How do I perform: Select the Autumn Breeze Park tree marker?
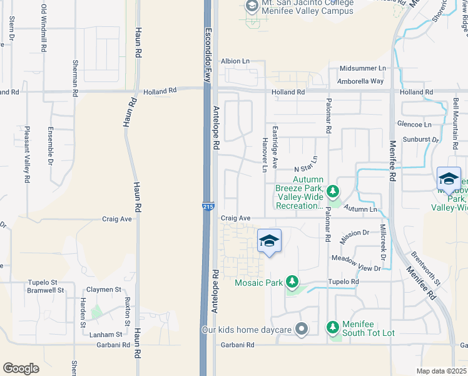point(333,190)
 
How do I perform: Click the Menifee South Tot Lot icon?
point(333,327)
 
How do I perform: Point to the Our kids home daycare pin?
point(302,329)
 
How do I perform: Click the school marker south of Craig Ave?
point(269,241)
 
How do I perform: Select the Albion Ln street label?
point(235,61)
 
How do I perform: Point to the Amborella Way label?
point(360,81)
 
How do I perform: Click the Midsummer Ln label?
point(363,68)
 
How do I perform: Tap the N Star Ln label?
point(307,166)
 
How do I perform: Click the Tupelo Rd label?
point(345,282)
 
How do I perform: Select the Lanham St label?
point(104,335)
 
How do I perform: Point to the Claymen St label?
point(104,290)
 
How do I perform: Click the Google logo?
point(21,368)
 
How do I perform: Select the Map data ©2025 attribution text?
point(440,371)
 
